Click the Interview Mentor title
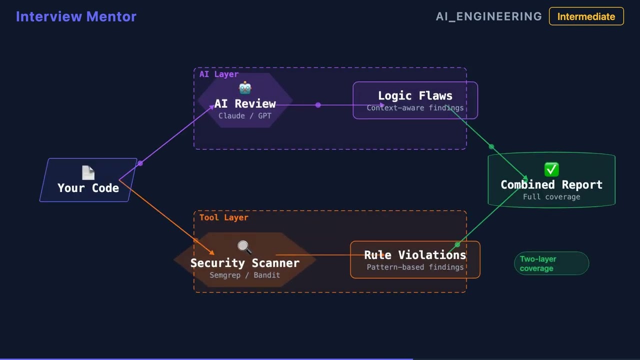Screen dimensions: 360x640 coord(76,16)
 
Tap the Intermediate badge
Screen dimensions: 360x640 coord(586,16)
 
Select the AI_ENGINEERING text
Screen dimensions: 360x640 coord(488,16)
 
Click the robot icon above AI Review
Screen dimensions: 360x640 coord(245,88)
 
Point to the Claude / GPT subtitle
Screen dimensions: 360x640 coord(245,116)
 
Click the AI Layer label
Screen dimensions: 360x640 coord(219,74)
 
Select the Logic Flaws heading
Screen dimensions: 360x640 coord(415,96)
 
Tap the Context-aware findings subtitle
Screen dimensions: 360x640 coord(415,108)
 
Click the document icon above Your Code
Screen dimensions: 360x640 coord(88,173)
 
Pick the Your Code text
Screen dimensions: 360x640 coord(88,188)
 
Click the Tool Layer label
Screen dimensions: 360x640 coord(223,217)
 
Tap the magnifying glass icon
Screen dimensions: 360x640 coord(244,247)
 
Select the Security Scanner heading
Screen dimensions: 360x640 coord(245,263)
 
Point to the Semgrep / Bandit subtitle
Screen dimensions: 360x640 coord(245,275)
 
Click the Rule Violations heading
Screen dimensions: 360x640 coord(415,255)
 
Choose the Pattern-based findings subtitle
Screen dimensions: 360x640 coord(415,267)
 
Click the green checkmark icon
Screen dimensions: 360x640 coord(551,170)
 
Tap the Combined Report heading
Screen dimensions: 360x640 coord(551,185)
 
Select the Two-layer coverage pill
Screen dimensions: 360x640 coord(551,263)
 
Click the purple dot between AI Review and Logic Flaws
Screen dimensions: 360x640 coord(318,105)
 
